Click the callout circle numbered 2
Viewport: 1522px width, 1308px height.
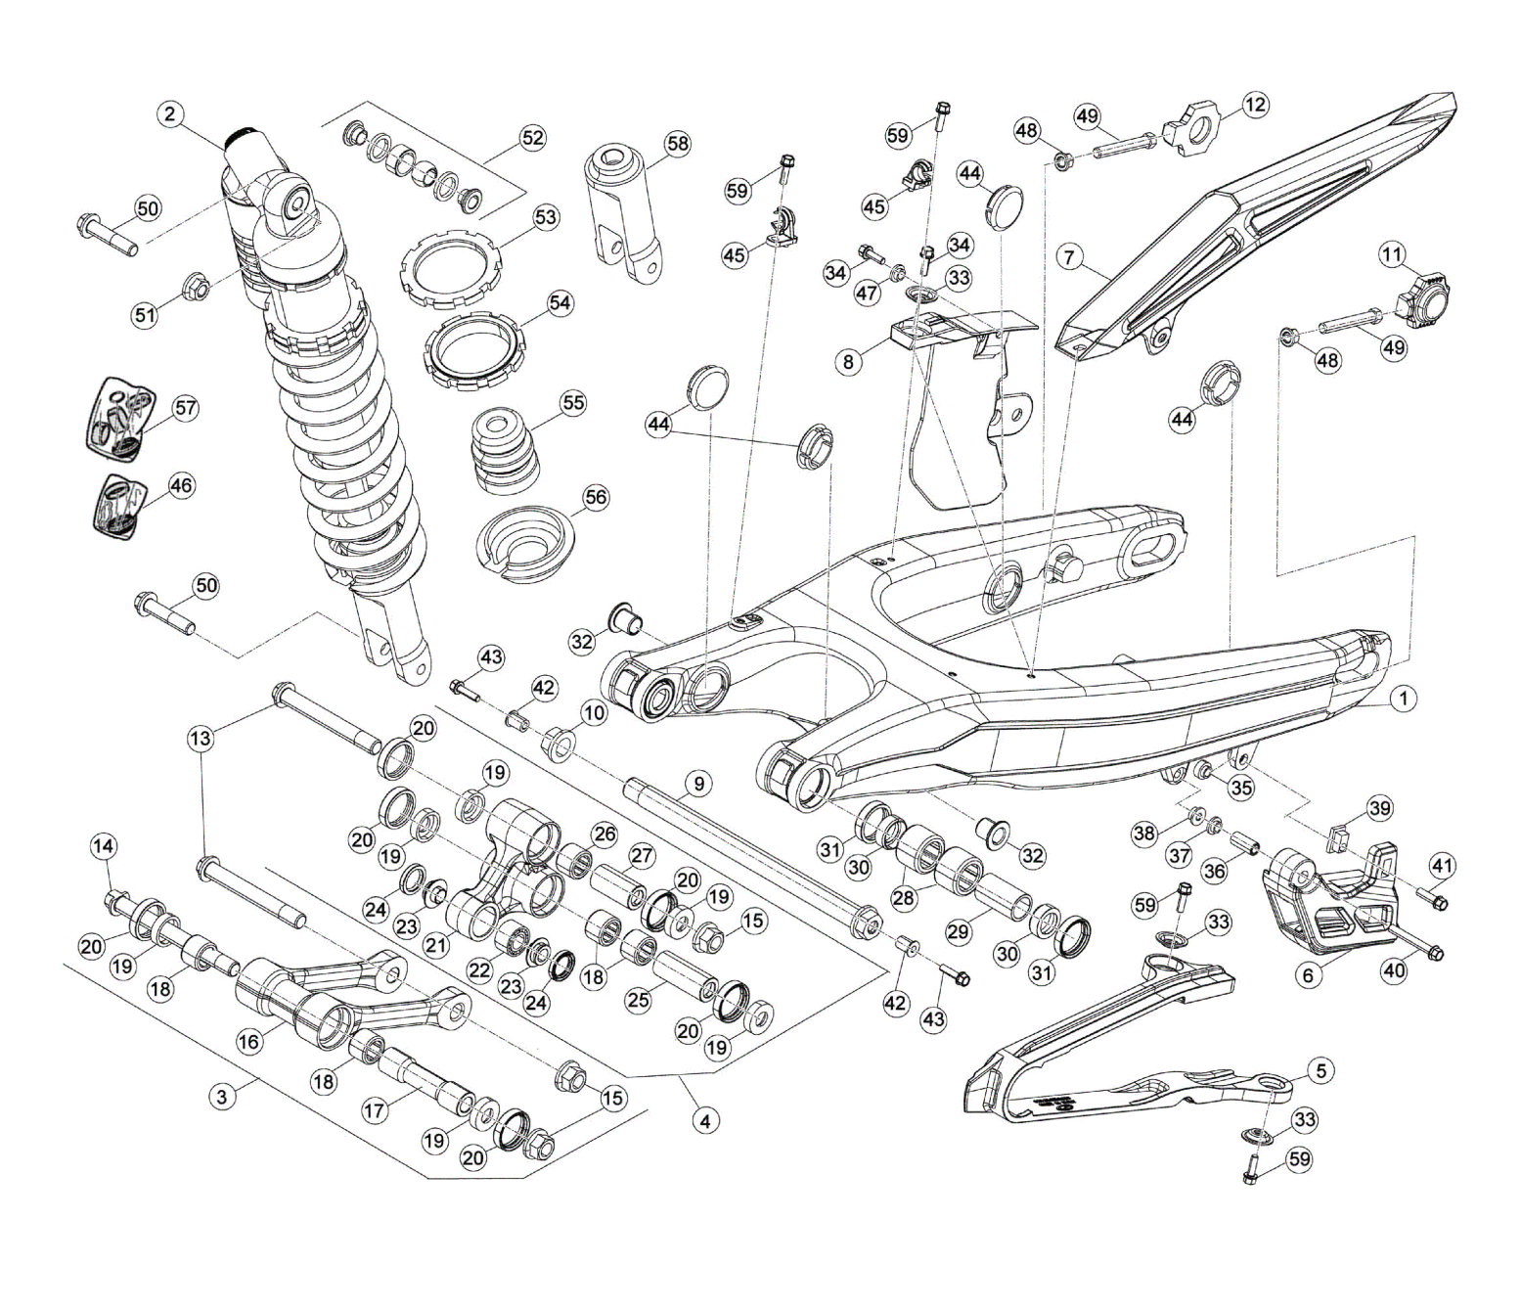click(x=170, y=114)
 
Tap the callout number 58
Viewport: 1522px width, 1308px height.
click(x=677, y=144)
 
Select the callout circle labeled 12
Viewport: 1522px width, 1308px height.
click(x=1255, y=104)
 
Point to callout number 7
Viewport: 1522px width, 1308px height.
click(x=1070, y=257)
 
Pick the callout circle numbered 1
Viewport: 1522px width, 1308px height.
click(x=1404, y=699)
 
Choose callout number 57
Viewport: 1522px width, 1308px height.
click(x=185, y=408)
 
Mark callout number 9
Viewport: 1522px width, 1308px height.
click(x=697, y=784)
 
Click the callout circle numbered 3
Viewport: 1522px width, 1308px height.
click(x=222, y=1096)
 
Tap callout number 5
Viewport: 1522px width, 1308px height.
click(x=1321, y=1070)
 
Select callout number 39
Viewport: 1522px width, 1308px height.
click(x=1380, y=808)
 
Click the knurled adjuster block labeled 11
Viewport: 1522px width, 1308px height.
click(x=1430, y=300)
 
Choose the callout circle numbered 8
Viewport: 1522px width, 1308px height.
click(x=848, y=361)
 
